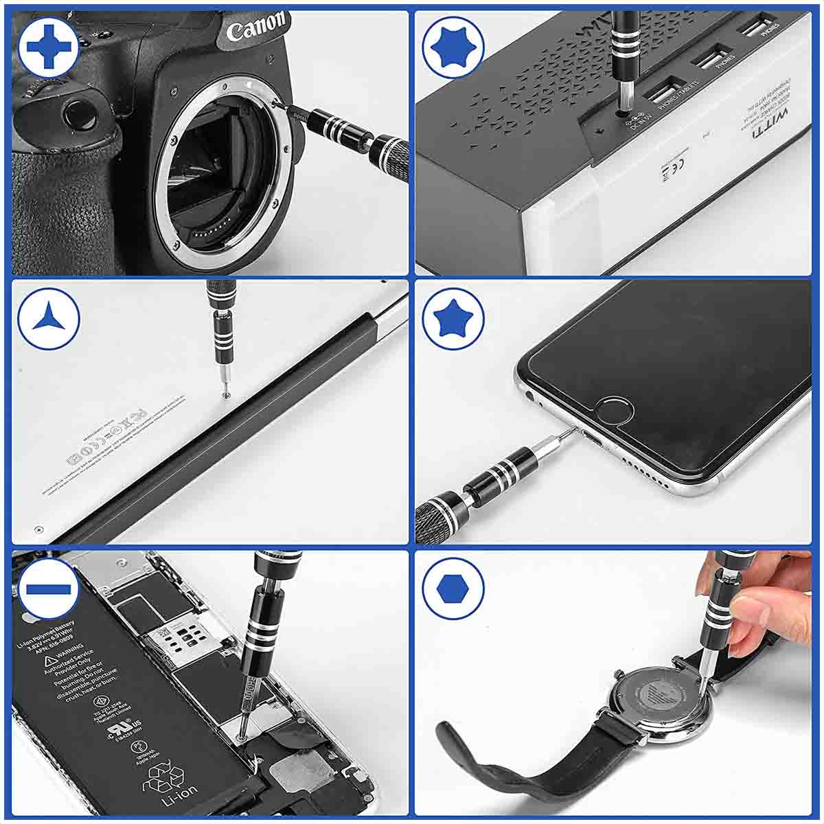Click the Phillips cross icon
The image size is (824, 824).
pos(48,47)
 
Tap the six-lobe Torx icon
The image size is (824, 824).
pos(453,47)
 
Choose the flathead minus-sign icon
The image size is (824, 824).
pos(48,589)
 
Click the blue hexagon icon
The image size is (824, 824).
pos(453,588)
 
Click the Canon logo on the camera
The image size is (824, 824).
pos(255,27)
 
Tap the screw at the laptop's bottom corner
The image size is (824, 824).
pos(38,528)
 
